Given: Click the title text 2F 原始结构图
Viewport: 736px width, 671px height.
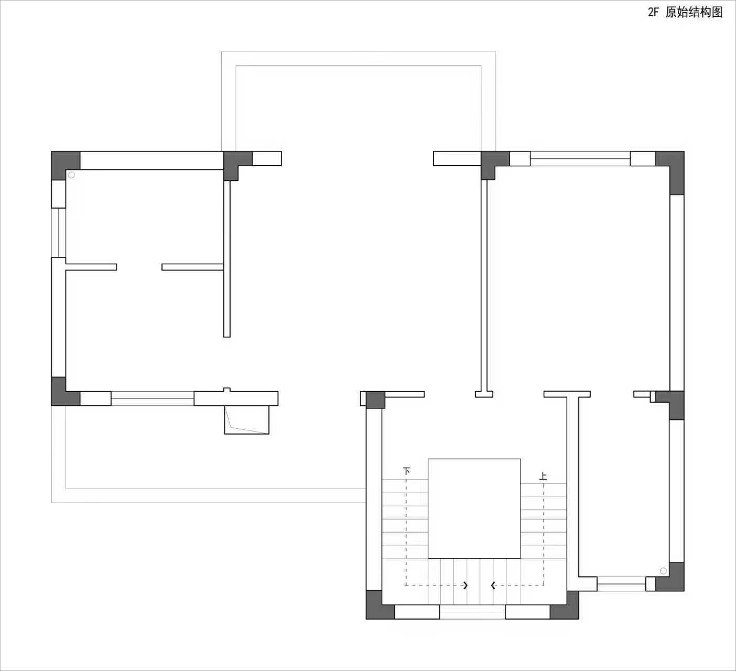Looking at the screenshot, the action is click(x=685, y=12).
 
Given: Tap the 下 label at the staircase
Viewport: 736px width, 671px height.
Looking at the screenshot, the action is click(x=406, y=471).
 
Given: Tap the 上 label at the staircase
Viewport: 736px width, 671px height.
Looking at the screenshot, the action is click(x=543, y=477).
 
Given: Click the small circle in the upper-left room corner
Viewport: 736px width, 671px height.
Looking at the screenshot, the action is click(x=71, y=175).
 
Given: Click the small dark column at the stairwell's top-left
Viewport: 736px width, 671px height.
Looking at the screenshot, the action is click(x=375, y=400).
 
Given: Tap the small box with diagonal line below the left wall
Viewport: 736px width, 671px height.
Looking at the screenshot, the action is click(x=246, y=420).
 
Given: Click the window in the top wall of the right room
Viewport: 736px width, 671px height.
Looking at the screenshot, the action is click(x=580, y=158).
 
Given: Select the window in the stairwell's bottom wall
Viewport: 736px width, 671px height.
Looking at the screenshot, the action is click(x=472, y=612).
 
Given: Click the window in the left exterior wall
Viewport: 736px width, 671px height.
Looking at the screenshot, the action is click(x=58, y=233).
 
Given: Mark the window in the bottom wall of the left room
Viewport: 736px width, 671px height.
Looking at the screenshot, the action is click(x=152, y=398).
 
